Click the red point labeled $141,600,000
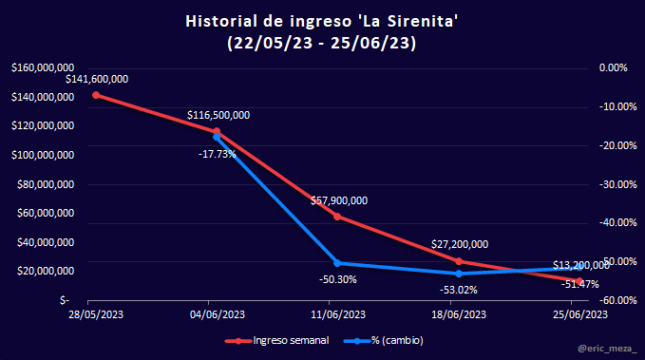(96, 95)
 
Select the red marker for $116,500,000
(217, 132)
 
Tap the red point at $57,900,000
(337, 217)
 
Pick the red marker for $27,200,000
(459, 261)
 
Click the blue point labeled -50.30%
(337, 263)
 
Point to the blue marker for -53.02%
(459, 274)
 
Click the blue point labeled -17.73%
(217, 137)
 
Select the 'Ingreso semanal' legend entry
(276, 341)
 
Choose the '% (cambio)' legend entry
(384, 341)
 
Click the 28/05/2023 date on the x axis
(96, 314)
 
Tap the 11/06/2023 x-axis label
(338, 314)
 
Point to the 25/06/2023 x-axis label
(580, 314)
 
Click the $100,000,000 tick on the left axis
(43, 155)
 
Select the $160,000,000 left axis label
(43, 67)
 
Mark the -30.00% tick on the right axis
(617, 184)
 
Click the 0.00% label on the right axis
(614, 67)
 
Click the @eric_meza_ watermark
(607, 349)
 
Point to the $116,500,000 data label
(218, 115)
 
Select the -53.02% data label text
(459, 290)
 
